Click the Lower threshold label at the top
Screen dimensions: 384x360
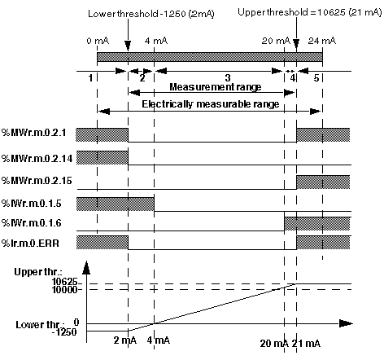tap(151, 14)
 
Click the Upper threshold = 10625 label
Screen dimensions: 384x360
tap(309, 12)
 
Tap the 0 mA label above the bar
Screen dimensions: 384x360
tap(98, 41)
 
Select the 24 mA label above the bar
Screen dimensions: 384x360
tap(322, 41)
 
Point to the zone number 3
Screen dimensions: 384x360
tap(228, 78)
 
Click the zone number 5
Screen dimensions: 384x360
tap(316, 78)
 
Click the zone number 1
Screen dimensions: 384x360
tap(90, 78)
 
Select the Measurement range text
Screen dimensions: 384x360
tap(216, 87)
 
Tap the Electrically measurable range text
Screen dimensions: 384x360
tap(211, 104)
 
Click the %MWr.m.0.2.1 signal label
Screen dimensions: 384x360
tap(34, 133)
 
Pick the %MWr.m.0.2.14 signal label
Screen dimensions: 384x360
tap(37, 158)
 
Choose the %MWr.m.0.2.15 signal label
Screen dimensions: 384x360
tap(37, 181)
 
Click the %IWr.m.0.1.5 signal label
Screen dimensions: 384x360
tap(32, 204)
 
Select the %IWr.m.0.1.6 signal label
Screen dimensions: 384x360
tap(32, 223)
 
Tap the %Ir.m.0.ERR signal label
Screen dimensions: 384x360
tap(30, 243)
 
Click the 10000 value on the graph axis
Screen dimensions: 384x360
tap(64, 290)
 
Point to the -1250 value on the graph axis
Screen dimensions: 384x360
tap(64, 331)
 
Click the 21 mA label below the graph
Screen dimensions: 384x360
tap(306, 344)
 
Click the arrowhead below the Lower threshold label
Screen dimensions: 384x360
tap(128, 46)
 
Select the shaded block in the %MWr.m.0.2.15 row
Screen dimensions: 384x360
tap(323, 182)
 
